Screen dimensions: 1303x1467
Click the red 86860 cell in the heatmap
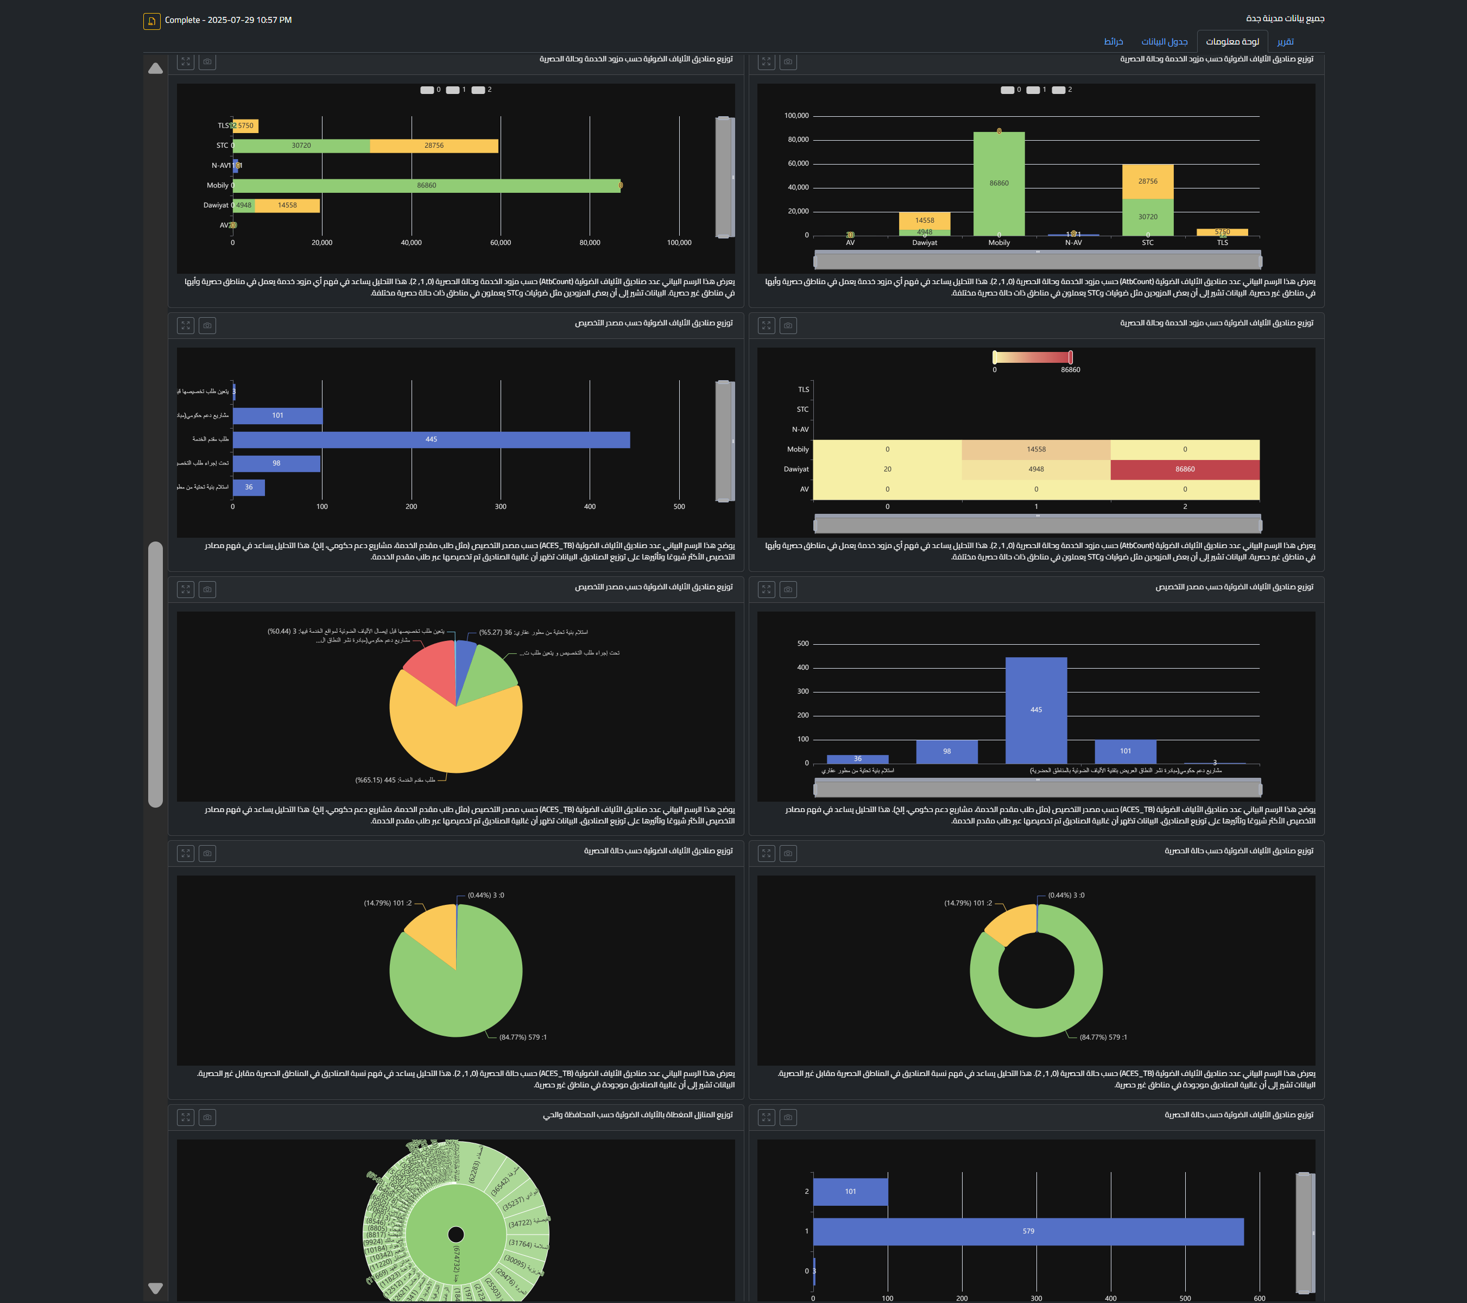tap(1184, 469)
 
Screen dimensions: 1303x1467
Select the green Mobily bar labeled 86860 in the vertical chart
tap(998, 184)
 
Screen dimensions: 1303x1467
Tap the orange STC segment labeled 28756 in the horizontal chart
tap(433, 146)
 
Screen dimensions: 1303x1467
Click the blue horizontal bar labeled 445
tap(431, 439)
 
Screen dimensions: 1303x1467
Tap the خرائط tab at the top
tap(1113, 42)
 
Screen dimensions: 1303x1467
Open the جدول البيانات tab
tap(1164, 42)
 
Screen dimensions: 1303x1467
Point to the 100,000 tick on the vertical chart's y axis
tap(796, 116)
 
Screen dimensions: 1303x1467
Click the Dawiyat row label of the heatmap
tap(796, 469)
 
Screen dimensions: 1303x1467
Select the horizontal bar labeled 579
tap(1028, 1231)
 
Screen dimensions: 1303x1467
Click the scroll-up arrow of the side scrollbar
tap(155, 69)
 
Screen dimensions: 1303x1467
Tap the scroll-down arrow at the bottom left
tap(155, 1288)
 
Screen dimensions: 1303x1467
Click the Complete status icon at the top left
tap(151, 21)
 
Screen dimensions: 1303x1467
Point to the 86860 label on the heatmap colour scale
tap(1070, 370)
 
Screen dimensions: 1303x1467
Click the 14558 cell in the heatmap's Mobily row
tap(1036, 449)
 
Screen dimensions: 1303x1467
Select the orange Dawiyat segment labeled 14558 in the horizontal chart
tap(287, 205)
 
